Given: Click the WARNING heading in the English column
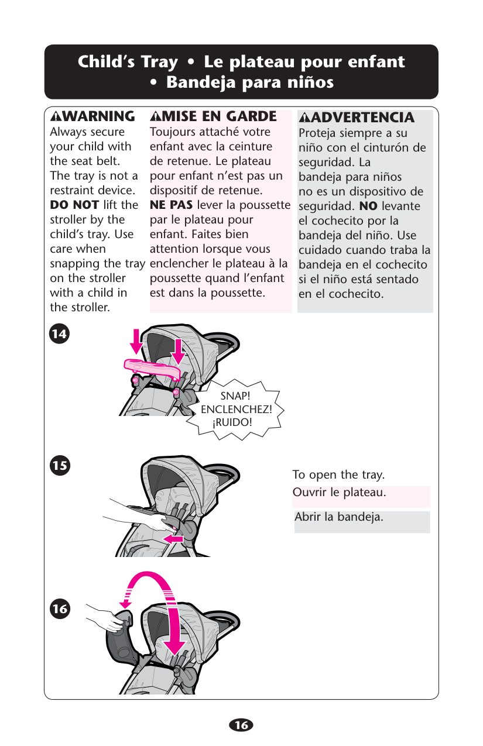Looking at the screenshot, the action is tap(93, 116).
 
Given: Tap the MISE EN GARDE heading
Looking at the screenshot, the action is tap(213, 116).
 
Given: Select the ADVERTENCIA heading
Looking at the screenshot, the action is tap(357, 117).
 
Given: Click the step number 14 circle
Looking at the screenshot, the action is tap(59, 334).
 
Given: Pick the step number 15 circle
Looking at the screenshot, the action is tap(60, 465).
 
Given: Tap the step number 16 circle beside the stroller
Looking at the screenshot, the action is tap(60, 609).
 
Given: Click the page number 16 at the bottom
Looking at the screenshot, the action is tap(241, 725).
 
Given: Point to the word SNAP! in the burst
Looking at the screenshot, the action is tap(235, 396).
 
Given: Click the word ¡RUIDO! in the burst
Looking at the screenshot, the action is tap(232, 422).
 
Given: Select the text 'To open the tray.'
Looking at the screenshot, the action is tap(338, 475).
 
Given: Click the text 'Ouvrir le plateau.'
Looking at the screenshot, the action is tap(340, 492).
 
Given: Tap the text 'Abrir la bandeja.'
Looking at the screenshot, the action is tap(339, 517).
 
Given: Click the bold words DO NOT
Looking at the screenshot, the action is tap(74, 205).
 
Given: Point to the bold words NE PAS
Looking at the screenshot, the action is tap(172, 205).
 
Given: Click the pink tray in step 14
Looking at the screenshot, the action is tap(152, 369).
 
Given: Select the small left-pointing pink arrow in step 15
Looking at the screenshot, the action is tap(173, 538).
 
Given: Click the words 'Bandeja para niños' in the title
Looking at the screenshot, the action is tap(250, 82).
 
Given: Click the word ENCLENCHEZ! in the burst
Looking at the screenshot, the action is tap(237, 410).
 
